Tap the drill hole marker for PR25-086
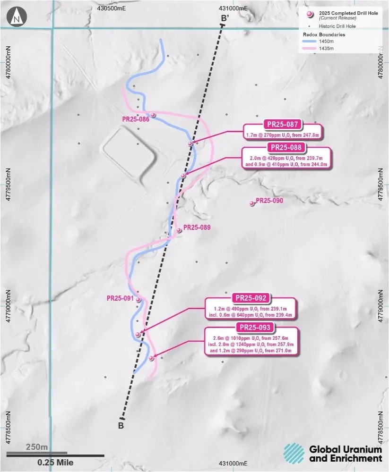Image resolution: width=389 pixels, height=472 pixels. (153, 115)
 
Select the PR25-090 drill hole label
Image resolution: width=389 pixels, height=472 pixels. (269, 201)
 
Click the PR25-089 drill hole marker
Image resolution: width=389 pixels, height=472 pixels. (179, 230)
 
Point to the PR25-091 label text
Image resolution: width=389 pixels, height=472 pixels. (121, 298)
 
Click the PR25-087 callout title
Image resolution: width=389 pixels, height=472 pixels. (282, 125)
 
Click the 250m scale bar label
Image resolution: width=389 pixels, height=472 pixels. (36, 447)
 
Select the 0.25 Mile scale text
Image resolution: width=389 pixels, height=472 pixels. (55, 463)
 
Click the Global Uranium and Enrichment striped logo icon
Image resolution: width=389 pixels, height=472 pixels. (294, 453)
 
